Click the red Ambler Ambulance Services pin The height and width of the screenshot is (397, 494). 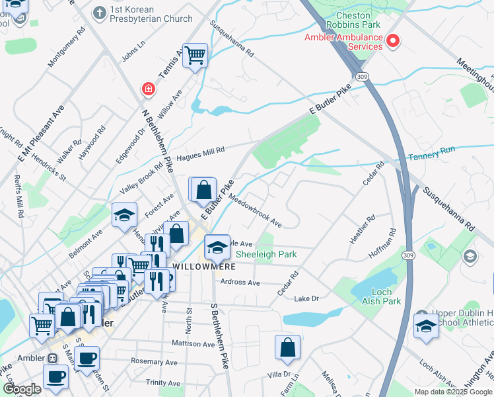point(394,41)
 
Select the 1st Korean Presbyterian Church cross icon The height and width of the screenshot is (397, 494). point(99,12)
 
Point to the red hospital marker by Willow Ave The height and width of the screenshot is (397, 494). point(148,88)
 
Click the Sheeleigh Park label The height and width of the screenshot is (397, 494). point(266,254)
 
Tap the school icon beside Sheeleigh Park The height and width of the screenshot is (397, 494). point(217,247)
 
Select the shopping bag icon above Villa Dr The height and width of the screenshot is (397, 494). point(287,347)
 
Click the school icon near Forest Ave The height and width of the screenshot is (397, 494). point(124,215)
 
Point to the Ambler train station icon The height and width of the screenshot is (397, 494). point(52,358)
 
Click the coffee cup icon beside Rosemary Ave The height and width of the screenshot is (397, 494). point(86,359)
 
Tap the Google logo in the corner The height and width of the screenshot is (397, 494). point(22,389)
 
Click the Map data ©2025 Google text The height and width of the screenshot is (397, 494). point(452,392)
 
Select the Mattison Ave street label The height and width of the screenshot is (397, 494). point(194,344)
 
